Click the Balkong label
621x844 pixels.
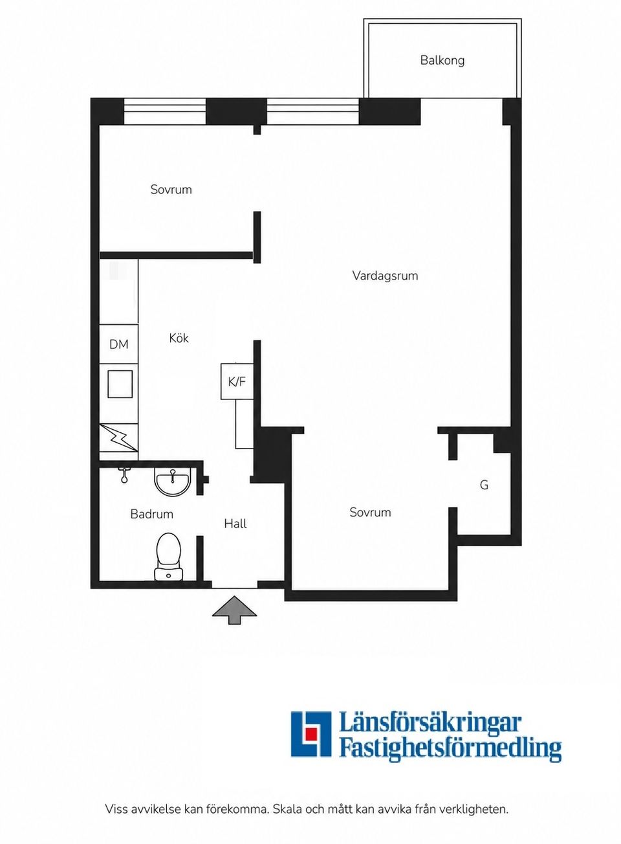click(442, 61)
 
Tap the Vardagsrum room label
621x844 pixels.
click(385, 276)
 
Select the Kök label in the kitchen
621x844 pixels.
click(179, 338)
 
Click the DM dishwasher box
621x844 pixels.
click(118, 344)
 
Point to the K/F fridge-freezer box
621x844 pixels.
click(237, 381)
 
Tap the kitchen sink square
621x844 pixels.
click(120, 384)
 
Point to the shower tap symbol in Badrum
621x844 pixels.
click(123, 475)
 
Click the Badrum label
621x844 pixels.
click(152, 514)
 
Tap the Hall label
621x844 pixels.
click(235, 524)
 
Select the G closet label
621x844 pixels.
click(484, 485)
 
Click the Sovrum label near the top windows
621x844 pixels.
click(171, 189)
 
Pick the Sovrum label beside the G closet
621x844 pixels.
click(370, 512)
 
